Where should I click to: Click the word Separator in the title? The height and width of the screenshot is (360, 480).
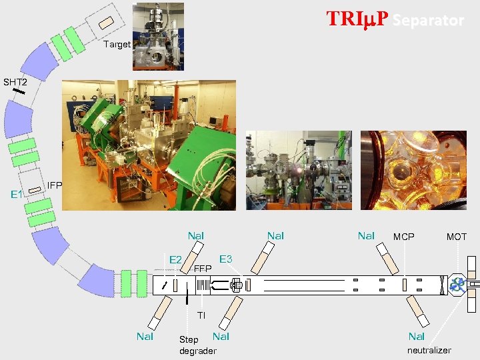tap(428, 21)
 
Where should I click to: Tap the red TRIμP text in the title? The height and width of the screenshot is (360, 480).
tap(357, 19)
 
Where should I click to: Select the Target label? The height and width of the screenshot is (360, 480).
tap(117, 45)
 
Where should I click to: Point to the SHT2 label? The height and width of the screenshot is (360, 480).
tap(15, 83)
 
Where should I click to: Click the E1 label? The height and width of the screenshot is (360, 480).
tap(17, 195)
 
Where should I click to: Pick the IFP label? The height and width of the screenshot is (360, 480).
tap(55, 185)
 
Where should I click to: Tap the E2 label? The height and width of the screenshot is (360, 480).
tap(176, 259)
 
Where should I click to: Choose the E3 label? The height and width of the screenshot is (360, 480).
tap(225, 259)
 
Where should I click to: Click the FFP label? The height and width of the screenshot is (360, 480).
tap(203, 269)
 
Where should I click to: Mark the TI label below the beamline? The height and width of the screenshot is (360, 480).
tap(201, 315)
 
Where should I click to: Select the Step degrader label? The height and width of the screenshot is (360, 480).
tap(197, 345)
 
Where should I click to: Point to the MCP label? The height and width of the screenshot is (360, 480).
tap(403, 237)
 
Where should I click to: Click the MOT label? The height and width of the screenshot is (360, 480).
tap(457, 237)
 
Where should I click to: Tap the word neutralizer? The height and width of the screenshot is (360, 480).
tap(429, 350)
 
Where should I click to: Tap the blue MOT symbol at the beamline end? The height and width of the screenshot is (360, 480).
tap(457, 285)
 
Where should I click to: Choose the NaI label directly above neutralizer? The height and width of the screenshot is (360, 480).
tap(417, 337)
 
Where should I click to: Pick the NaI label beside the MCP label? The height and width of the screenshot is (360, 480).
tap(366, 235)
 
